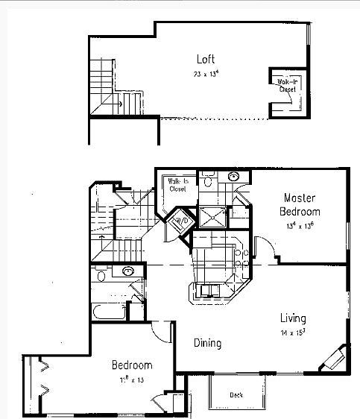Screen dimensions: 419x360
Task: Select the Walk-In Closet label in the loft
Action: [x=287, y=85]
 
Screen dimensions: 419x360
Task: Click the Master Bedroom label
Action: [x=301, y=204]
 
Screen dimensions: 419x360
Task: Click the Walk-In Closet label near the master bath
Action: [x=178, y=185]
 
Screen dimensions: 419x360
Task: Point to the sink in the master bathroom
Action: [x=234, y=177]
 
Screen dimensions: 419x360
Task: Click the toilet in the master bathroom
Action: [x=209, y=179]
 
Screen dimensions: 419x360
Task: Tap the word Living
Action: [x=292, y=318]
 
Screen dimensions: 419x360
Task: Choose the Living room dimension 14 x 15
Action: [x=292, y=332]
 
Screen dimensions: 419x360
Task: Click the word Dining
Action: [x=208, y=344]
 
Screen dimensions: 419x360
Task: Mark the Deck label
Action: [x=236, y=394]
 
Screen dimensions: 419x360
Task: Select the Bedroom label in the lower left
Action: [x=132, y=365]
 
